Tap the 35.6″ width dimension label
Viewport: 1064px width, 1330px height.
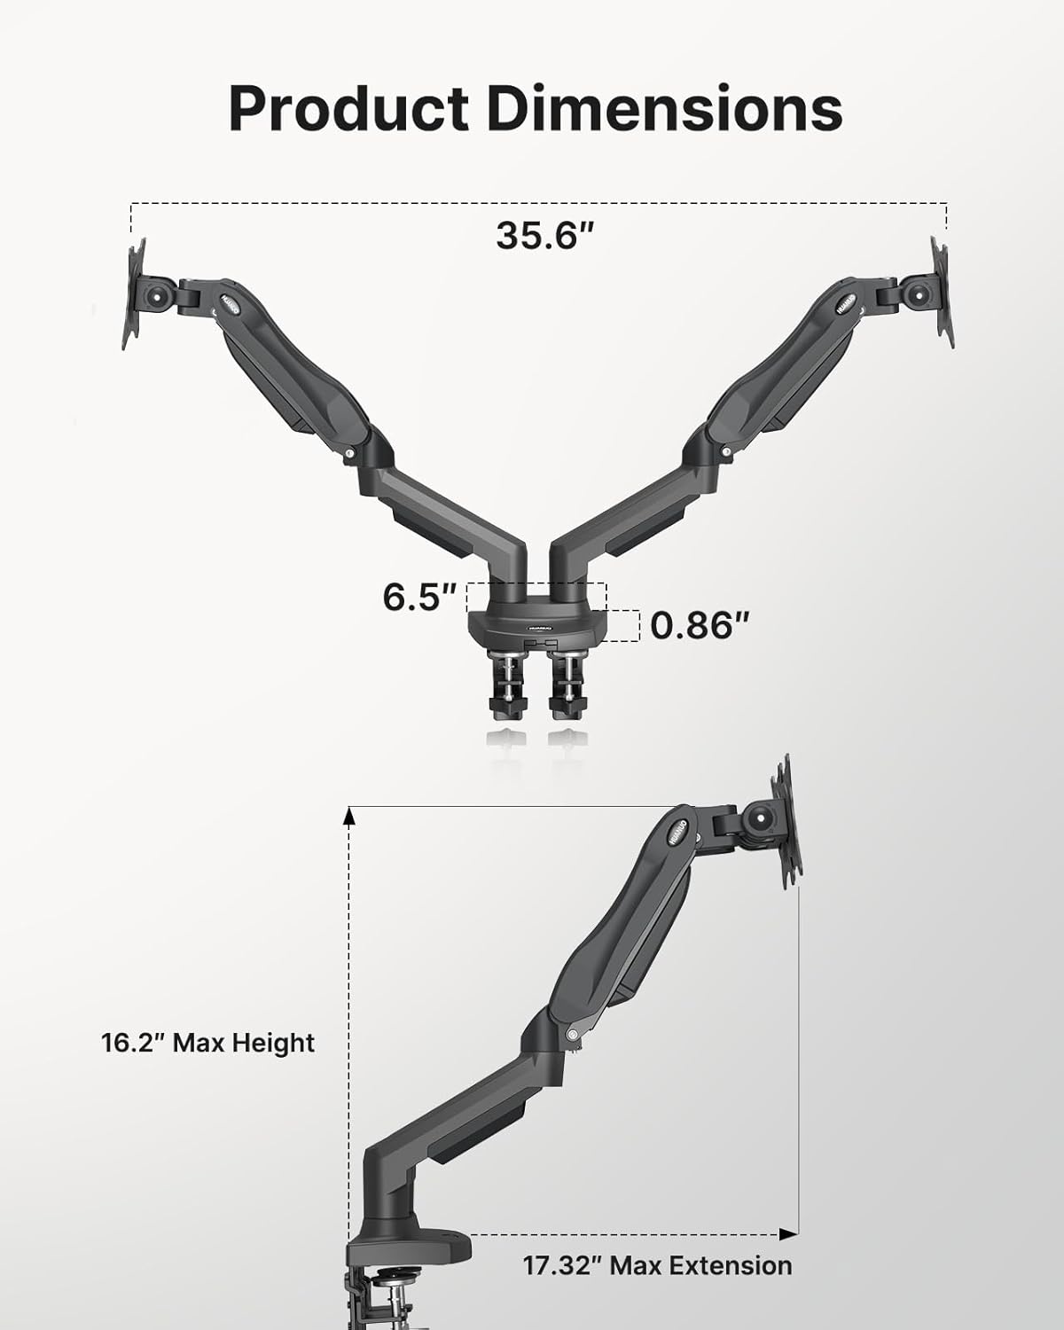coord(543,236)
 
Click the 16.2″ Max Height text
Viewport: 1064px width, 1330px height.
coord(207,1042)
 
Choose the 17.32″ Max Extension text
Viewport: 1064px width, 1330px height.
coord(656,1265)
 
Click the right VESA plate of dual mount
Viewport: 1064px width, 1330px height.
coord(942,293)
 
